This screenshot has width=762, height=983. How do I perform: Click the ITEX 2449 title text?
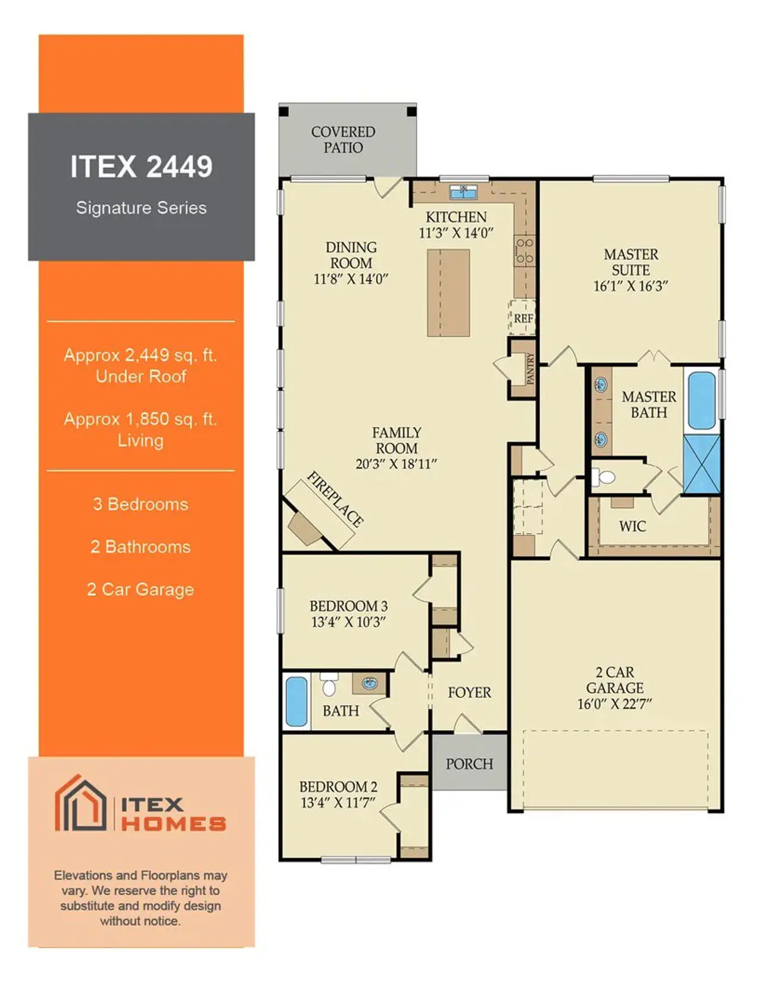pos(141,167)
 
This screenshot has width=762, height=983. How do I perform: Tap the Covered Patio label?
pos(343,140)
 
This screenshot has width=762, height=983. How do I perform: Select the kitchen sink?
pos(463,192)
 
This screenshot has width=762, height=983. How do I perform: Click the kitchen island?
pos(448,293)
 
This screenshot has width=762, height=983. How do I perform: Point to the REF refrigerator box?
pos(523,318)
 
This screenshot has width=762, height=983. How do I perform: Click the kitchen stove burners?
pos(524,251)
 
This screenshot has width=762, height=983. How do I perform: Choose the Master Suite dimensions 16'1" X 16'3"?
pos(630,286)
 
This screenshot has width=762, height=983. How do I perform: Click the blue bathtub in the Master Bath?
pos(701,400)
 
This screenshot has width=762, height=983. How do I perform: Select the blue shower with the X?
pos(702,464)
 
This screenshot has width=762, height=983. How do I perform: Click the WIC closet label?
pos(632,526)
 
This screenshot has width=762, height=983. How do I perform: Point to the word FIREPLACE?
pos(335,499)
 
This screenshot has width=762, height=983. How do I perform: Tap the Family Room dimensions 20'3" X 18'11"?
pos(396,464)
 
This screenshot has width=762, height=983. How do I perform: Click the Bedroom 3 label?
pos(348,606)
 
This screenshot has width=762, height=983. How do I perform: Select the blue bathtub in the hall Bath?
pos(296,702)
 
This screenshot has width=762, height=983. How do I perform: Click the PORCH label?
pos(469,764)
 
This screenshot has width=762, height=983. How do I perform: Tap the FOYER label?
pos(469,693)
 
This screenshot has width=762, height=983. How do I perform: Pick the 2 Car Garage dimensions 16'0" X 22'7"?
pos(614,704)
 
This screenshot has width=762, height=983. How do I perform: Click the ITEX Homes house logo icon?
pos(80,803)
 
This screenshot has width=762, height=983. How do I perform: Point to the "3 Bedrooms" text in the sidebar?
pos(140,505)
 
